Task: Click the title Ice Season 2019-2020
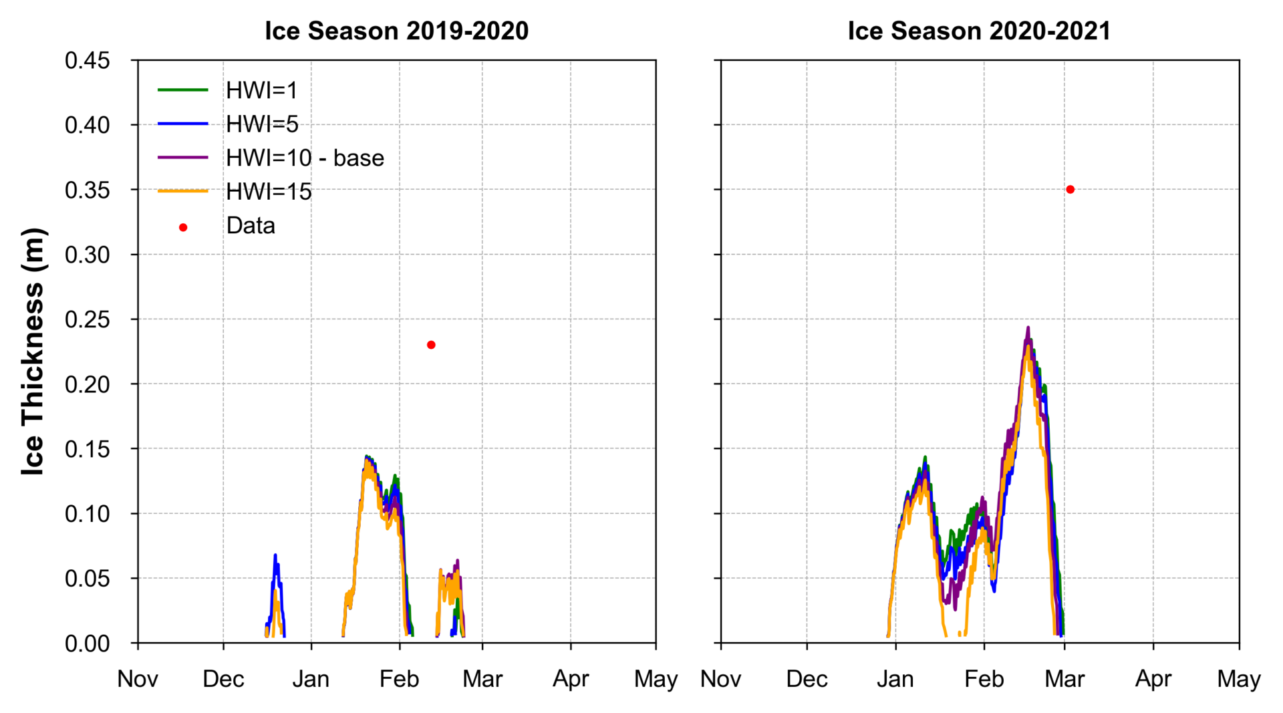point(396,31)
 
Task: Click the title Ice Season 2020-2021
point(979,31)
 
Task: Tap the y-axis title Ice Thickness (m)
point(33,351)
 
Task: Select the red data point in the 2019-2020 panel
point(431,345)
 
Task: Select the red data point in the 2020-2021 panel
point(1070,190)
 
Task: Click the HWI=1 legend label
point(261,90)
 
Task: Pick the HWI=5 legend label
point(262,124)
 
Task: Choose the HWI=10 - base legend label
point(305,158)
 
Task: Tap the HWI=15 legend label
point(269,192)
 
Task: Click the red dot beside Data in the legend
point(183,228)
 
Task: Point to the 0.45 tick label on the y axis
point(87,61)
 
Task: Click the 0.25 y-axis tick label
point(87,319)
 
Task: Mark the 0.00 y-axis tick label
point(87,644)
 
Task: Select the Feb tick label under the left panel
point(399,679)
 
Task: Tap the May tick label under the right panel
point(1238,679)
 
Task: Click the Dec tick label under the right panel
point(807,679)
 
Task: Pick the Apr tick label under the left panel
point(571,679)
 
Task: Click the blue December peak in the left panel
point(275,555)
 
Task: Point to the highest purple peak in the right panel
point(1028,327)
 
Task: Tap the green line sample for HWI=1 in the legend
point(183,90)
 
